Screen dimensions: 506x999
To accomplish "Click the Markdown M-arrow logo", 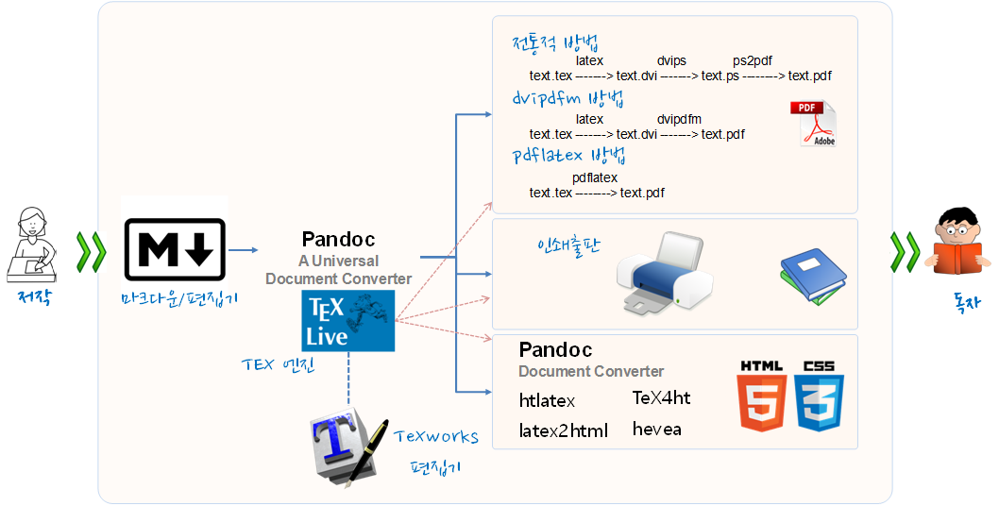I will (x=176, y=249).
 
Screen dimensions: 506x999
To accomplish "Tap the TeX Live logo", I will (x=347, y=321).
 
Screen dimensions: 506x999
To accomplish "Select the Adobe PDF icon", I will (x=813, y=124).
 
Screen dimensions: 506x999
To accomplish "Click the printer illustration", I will (x=664, y=274).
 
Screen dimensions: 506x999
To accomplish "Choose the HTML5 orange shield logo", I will (x=762, y=396).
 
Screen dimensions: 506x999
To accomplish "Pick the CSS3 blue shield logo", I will (x=819, y=396).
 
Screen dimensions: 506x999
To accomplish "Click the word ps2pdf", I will (x=753, y=60).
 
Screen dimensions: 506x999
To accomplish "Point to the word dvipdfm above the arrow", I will (x=679, y=119).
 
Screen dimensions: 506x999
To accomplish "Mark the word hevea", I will (x=656, y=430).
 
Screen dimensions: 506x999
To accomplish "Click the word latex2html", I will (x=563, y=430).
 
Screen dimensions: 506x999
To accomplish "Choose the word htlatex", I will (x=547, y=400).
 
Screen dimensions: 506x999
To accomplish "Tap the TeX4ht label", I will (x=661, y=397).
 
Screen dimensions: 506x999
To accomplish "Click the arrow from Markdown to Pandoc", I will (x=244, y=250).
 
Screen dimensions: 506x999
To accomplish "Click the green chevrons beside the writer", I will (x=92, y=250).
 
